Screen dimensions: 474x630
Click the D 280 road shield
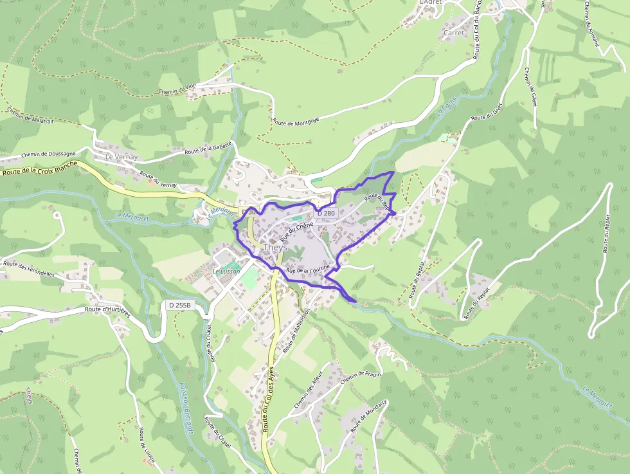pos(326,213)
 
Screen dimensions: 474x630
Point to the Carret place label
pos(454,32)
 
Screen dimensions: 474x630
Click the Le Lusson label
pos(226,271)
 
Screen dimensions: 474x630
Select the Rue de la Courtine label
pos(308,269)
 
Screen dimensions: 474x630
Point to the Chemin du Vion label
pos(177,89)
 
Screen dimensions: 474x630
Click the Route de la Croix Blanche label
pos(40,168)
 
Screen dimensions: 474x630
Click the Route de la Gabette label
pos(208,149)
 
